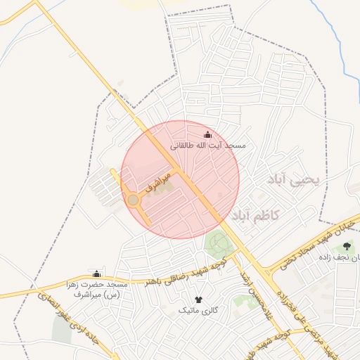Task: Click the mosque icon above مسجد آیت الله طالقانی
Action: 207,134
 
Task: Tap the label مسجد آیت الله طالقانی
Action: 209,146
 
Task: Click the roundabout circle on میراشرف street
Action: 133,201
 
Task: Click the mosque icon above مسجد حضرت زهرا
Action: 96,274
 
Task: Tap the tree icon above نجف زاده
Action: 347,246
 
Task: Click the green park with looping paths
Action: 219,245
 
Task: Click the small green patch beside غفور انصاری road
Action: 61,330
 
